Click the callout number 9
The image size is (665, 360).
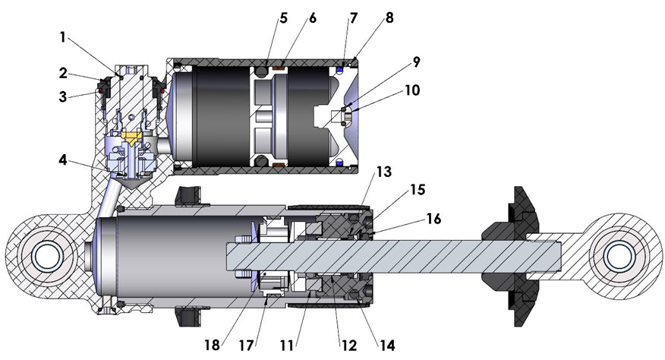(417, 61)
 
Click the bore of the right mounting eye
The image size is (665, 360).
(619, 253)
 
